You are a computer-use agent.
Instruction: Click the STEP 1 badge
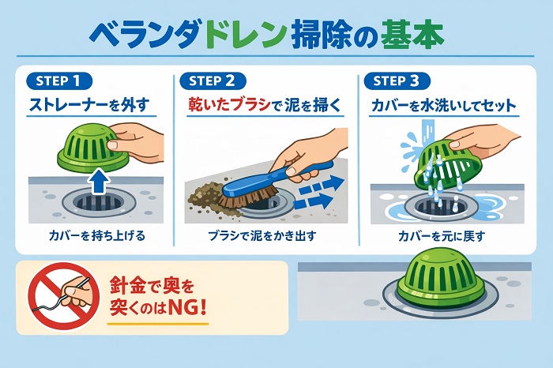click(59, 81)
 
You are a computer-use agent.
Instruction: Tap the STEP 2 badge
click(213, 81)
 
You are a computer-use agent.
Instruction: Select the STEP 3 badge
click(397, 81)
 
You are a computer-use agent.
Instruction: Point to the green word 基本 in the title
click(412, 36)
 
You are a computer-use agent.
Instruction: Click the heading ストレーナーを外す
click(88, 105)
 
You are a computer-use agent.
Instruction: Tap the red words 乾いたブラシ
click(229, 105)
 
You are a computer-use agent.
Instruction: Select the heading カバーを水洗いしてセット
click(444, 105)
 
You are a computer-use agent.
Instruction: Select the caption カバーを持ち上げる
click(97, 235)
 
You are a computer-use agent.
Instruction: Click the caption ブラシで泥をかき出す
click(261, 235)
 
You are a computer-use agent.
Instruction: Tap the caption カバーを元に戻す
click(442, 235)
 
